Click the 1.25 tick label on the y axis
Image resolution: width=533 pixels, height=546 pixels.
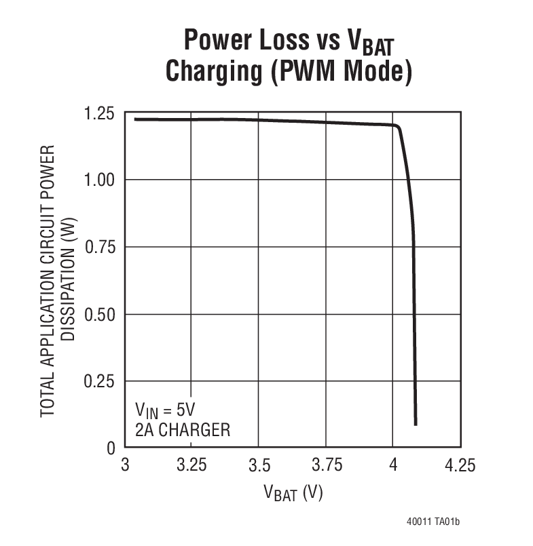coord(100,113)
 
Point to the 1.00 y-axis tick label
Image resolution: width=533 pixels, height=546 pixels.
coord(100,180)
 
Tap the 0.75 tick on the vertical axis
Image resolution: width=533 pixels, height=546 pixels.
coord(100,247)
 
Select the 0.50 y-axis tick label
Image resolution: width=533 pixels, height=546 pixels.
coord(100,314)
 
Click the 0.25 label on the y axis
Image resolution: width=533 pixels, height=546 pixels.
coord(100,381)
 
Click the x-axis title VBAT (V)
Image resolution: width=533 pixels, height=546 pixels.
coord(293,493)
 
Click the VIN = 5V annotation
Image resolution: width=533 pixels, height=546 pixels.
coord(165,410)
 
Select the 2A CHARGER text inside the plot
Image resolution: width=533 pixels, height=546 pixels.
coord(183,430)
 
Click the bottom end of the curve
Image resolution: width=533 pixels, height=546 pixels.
coord(415,424)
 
